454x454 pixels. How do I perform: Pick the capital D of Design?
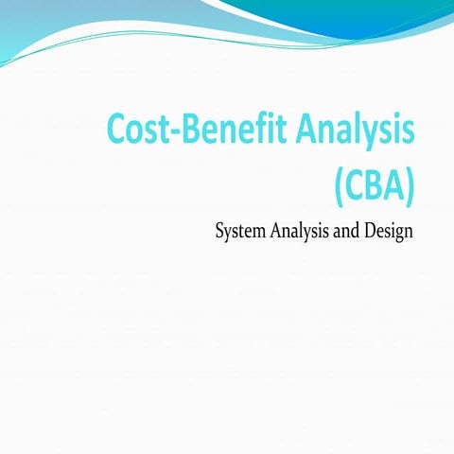[x=378, y=231]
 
